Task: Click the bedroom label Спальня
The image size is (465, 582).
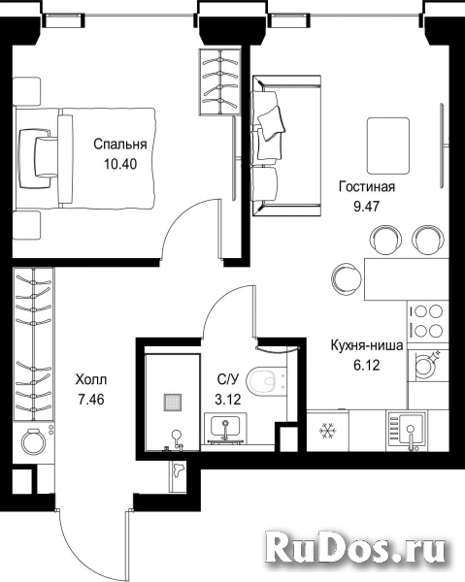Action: pos(120,145)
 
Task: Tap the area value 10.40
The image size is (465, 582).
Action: pos(120,164)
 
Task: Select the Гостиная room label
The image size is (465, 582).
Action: pos(367,186)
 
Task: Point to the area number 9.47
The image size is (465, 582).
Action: pos(367,207)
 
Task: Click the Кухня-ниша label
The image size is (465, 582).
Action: pos(367,345)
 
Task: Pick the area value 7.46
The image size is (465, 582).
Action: pos(91,400)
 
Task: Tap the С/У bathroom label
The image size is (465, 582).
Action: pos(227,379)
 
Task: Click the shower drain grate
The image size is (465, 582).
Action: pos(173,403)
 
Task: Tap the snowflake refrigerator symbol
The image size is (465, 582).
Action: pos(327,431)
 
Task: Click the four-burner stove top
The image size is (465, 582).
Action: pos(427,320)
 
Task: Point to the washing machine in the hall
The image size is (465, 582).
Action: pos(34,441)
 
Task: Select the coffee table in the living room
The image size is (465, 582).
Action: pos(388,145)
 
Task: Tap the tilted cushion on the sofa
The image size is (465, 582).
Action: pos(272,123)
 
